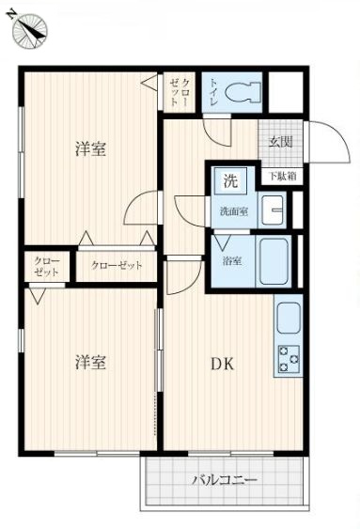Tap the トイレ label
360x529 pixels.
point(214,94)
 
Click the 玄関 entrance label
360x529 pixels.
point(279,143)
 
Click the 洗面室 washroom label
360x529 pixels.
point(234,211)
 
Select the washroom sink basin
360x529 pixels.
point(274,211)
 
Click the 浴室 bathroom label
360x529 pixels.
point(230,260)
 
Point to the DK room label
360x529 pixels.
point(221,365)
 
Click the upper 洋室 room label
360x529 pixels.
point(90,149)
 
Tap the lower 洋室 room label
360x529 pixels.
point(90,362)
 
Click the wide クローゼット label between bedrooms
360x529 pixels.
point(117,266)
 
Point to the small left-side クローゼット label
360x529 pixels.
point(47,266)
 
